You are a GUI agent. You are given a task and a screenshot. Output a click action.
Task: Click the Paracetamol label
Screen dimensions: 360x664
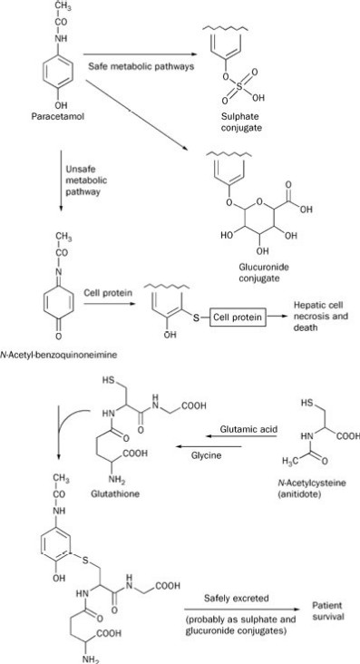57,115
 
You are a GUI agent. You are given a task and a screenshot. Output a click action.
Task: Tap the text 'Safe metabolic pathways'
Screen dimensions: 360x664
141,66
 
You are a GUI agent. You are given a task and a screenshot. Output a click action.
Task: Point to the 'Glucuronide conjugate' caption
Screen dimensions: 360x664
260,273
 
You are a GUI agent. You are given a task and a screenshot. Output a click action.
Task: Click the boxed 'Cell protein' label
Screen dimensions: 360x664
238,317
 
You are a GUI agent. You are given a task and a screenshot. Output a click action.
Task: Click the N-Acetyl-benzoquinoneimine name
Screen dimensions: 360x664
58,356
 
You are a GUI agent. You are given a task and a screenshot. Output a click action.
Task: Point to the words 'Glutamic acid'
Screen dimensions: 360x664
248,429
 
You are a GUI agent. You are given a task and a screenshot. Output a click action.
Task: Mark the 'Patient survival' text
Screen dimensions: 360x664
327,610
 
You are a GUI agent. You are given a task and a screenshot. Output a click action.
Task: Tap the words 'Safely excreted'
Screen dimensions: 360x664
237,598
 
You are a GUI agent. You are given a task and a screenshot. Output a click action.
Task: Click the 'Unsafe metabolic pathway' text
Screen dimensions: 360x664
86,180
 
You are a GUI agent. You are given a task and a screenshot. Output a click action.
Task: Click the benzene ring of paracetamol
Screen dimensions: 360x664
58,71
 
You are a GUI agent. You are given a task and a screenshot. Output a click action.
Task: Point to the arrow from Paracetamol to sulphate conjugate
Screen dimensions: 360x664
141,54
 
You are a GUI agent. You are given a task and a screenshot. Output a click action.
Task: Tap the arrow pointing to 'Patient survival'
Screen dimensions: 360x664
243,610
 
